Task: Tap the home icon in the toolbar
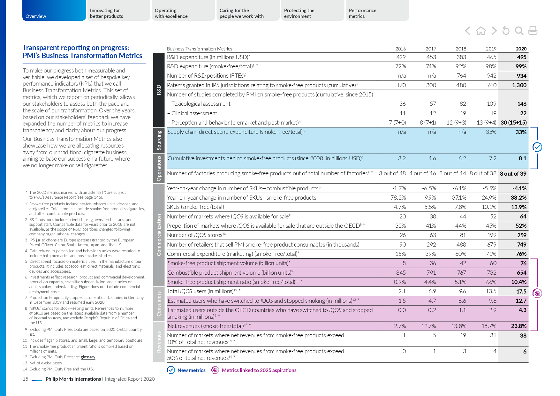click(481, 31)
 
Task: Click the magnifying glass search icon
click(519, 31)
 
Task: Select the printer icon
click(533, 31)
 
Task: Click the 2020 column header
click(521, 49)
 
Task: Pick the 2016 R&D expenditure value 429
click(401, 57)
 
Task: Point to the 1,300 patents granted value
click(519, 85)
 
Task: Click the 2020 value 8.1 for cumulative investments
click(522, 158)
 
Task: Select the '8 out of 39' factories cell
click(513, 174)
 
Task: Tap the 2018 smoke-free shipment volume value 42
click(463, 263)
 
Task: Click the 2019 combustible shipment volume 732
click(491, 273)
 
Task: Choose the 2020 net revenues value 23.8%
click(518, 326)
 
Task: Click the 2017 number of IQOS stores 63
click(433, 235)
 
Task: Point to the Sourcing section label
click(159, 141)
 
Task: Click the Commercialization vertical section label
click(159, 235)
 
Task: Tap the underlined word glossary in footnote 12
click(88, 357)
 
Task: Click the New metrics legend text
click(191, 370)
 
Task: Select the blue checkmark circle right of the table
click(537, 147)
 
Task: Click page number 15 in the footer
click(26, 379)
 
